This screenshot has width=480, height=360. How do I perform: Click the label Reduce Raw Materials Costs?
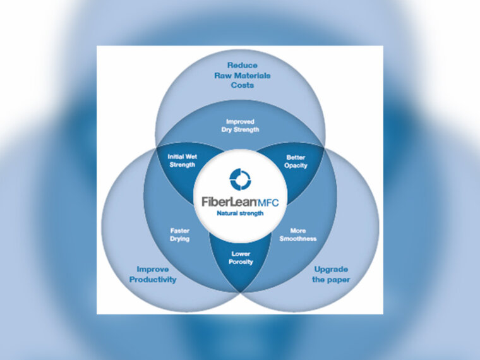(x=242, y=75)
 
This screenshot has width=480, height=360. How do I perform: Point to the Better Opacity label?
(x=296, y=161)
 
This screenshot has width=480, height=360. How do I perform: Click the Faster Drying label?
(x=180, y=235)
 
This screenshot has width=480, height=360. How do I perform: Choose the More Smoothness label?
(x=297, y=235)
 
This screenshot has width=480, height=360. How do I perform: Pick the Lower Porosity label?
(x=241, y=258)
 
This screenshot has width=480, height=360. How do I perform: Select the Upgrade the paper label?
(x=331, y=274)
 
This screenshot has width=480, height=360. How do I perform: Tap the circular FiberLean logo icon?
(x=240, y=179)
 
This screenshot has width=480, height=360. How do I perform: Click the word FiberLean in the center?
(x=225, y=203)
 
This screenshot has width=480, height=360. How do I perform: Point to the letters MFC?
(x=268, y=203)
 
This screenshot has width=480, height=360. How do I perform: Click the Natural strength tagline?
(x=240, y=213)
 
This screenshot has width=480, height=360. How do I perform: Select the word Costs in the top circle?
(x=242, y=85)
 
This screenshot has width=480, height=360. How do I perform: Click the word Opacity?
(x=296, y=165)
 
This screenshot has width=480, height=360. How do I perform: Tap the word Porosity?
(x=241, y=262)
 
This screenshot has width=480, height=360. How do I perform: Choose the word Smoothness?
(x=297, y=239)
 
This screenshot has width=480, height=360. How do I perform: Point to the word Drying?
(x=180, y=239)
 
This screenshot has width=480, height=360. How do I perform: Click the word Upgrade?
(x=331, y=269)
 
